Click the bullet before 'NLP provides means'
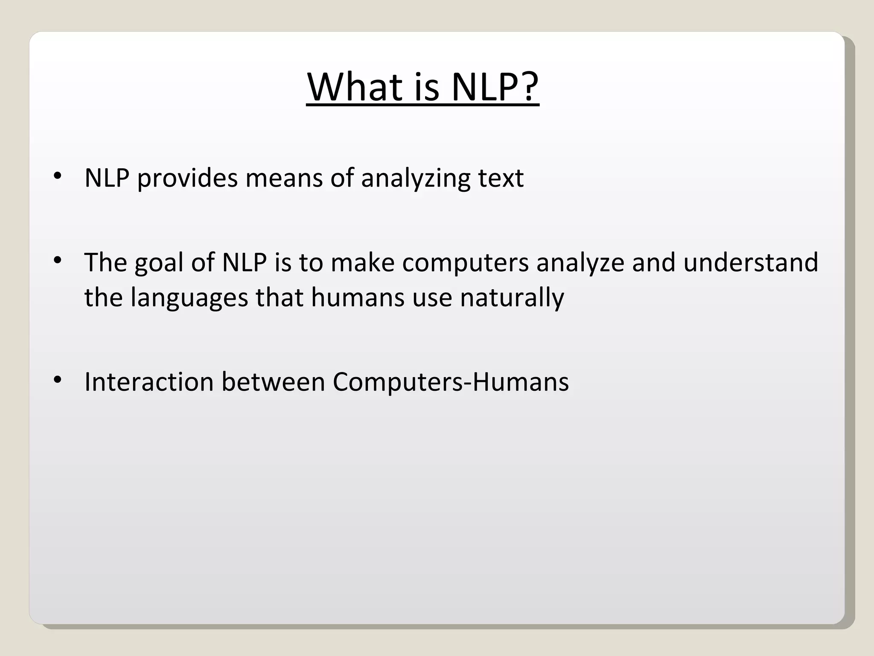click(x=58, y=176)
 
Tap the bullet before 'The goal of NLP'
click(x=58, y=260)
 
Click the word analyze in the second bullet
click(x=580, y=263)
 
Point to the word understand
click(x=751, y=263)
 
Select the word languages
click(x=189, y=298)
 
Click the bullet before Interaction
click(x=58, y=379)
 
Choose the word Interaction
click(x=149, y=382)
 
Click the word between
click(x=273, y=382)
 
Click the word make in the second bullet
click(x=362, y=263)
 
